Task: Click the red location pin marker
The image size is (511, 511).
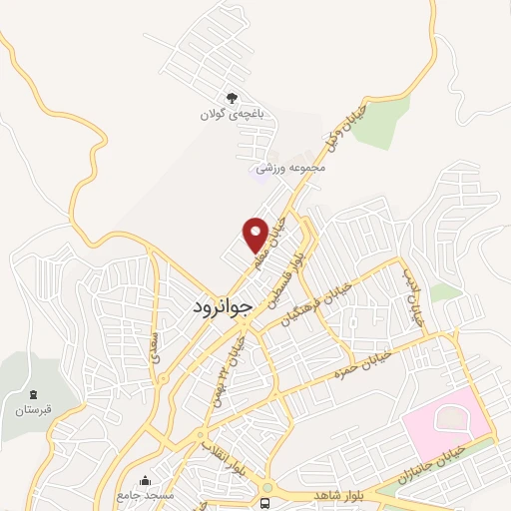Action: (x=255, y=235)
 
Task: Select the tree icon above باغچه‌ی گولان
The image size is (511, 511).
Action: (x=232, y=98)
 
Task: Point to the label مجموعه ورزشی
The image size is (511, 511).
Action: (x=292, y=169)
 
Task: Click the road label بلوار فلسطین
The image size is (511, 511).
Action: (x=285, y=273)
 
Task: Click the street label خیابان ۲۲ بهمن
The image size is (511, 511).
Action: (x=238, y=365)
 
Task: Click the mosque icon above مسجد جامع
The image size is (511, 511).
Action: (x=147, y=479)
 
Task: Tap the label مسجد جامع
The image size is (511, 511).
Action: (x=146, y=495)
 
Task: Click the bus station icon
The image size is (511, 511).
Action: (x=265, y=502)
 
